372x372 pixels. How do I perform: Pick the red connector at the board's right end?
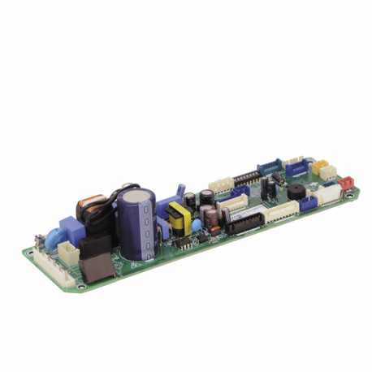pyautogui.click(x=347, y=183)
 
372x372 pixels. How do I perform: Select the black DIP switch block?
pyautogui.click(x=247, y=176)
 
